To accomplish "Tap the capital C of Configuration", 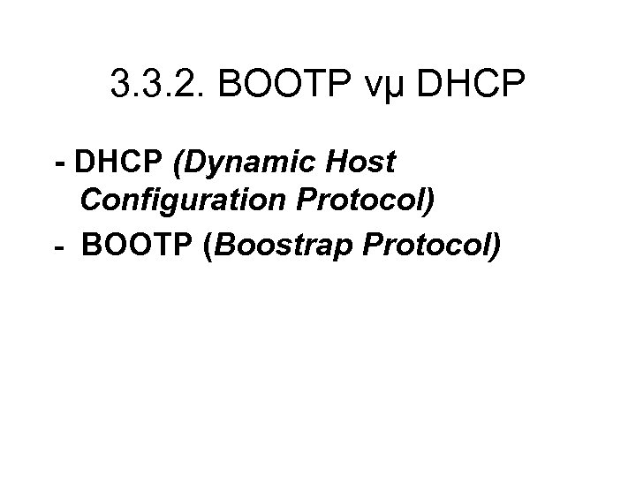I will (91, 201).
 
